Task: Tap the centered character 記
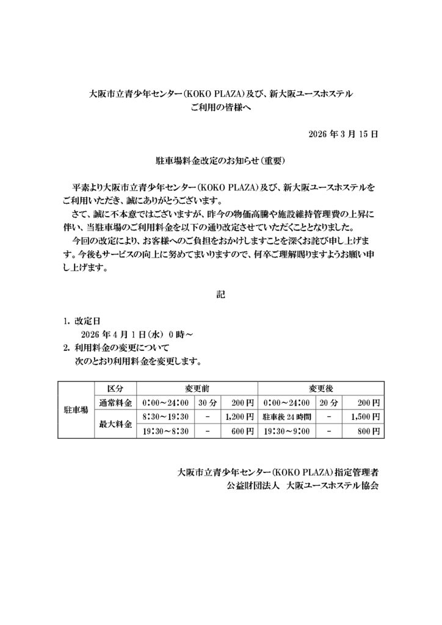point(220,295)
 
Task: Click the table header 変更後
point(321,388)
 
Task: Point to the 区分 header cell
point(115,388)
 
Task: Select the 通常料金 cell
point(115,403)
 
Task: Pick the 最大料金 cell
point(115,424)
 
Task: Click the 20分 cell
point(328,403)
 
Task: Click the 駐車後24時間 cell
point(287,417)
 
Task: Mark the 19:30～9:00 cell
point(286,432)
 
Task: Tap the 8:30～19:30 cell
point(165,417)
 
